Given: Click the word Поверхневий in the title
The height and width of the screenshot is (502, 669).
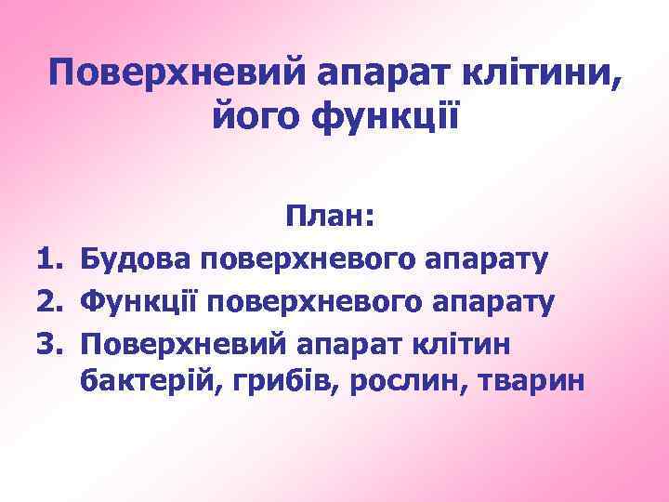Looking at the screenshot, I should [177, 73].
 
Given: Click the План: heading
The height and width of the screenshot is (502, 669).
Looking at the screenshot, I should [330, 218].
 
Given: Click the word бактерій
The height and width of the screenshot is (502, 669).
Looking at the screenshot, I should [144, 382].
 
